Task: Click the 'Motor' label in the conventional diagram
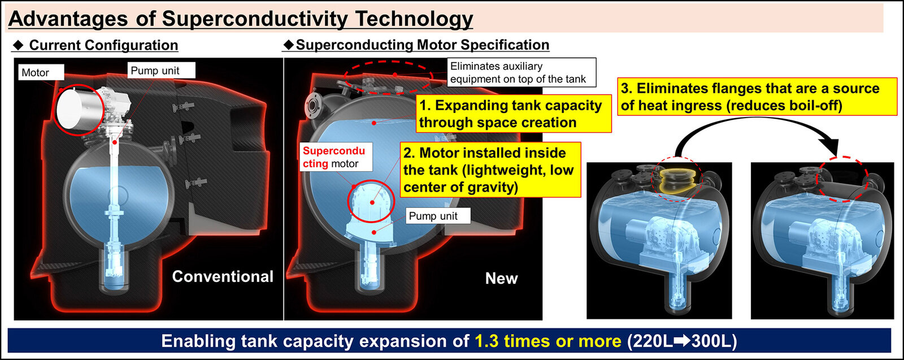pyautogui.click(x=41, y=72)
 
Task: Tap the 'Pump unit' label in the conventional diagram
pyautogui.click(x=162, y=70)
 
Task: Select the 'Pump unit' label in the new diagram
pyautogui.click(x=438, y=216)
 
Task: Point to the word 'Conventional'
pyautogui.click(x=223, y=276)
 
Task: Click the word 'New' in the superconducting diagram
pyautogui.click(x=501, y=279)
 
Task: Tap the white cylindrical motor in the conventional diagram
pyautogui.click(x=79, y=109)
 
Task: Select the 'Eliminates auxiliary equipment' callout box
pyautogui.click(x=521, y=72)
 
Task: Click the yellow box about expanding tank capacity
pyautogui.click(x=514, y=114)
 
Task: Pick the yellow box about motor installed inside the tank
pyautogui.click(x=490, y=170)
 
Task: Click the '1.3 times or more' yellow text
pyautogui.click(x=547, y=341)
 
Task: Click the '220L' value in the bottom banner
pyautogui.click(x=650, y=341)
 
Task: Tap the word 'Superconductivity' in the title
pyautogui.click(x=255, y=19)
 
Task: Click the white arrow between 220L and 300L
pyautogui.click(x=682, y=341)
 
